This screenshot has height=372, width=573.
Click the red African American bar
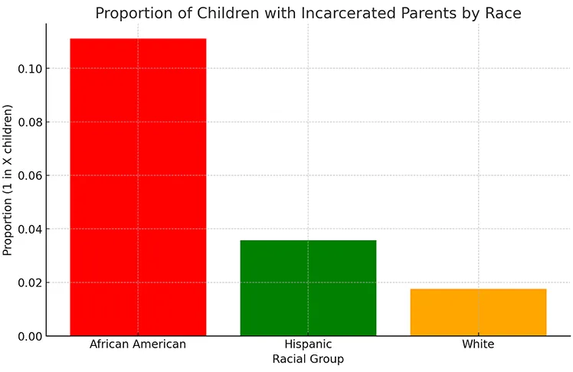138,187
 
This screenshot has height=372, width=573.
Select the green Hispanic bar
308,288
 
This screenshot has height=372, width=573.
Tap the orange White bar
478,312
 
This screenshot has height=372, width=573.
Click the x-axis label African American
138,344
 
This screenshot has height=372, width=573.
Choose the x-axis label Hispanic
308,345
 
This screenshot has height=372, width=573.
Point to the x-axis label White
478,344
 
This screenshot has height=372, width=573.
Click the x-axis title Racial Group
308,359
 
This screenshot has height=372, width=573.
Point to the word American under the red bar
159,344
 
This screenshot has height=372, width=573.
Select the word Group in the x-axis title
327,359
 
